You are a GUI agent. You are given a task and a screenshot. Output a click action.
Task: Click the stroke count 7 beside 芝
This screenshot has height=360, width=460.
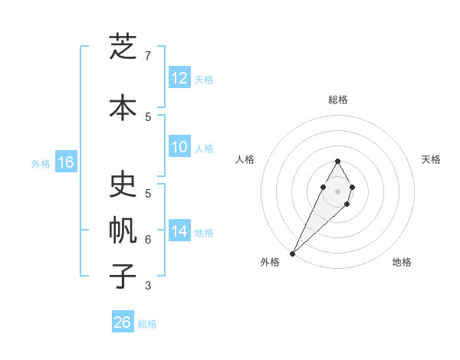(x=148, y=56)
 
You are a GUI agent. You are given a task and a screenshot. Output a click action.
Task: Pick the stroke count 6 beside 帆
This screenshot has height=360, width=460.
(x=148, y=240)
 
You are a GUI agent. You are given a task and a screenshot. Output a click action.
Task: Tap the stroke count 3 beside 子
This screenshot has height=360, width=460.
(x=148, y=286)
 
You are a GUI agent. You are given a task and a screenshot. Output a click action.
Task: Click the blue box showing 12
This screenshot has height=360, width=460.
(x=179, y=78)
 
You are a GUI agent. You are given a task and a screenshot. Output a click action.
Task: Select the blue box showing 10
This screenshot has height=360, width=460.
(x=179, y=147)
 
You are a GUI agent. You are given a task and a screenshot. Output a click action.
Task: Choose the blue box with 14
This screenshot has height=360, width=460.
(x=179, y=231)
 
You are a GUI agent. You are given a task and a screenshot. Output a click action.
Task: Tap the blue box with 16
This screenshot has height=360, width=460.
(x=65, y=162)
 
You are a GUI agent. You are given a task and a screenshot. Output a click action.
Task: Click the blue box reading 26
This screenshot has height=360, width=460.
(x=123, y=322)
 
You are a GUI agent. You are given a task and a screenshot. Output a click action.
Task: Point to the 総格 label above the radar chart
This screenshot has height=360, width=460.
(x=338, y=100)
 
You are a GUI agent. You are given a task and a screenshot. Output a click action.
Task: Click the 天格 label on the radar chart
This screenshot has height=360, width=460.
(x=432, y=159)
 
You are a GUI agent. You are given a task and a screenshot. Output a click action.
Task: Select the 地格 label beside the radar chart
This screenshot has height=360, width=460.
(x=402, y=262)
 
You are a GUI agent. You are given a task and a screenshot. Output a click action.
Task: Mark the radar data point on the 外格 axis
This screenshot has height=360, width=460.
(x=293, y=253)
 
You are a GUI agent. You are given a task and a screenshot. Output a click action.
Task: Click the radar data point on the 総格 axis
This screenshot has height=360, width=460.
(x=338, y=162)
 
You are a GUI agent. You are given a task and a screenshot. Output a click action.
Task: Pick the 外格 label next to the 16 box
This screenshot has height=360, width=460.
(x=41, y=163)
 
